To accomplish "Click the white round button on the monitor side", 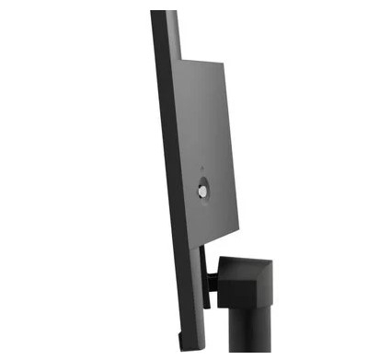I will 202,191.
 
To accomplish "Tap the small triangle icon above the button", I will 201,168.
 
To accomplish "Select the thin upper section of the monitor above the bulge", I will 165,32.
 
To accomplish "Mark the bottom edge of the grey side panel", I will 216,237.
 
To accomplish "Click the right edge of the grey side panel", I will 232,147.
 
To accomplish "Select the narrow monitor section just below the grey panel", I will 199,262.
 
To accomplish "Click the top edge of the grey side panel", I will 200,59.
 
